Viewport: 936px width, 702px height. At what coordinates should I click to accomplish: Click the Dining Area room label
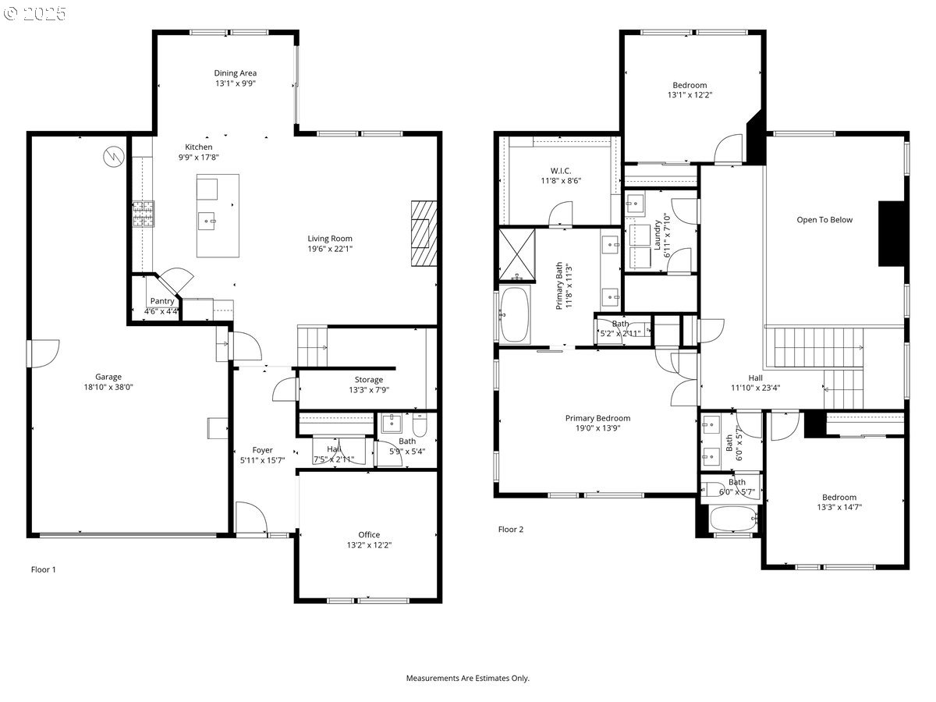click(236, 73)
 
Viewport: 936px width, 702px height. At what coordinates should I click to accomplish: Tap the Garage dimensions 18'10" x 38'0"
click(108, 387)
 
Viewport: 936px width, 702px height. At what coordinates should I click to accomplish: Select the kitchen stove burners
click(143, 214)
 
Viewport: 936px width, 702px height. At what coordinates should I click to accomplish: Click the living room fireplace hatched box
click(425, 233)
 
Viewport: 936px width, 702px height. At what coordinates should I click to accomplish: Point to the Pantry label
click(162, 301)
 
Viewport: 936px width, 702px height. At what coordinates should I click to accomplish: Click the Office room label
click(369, 535)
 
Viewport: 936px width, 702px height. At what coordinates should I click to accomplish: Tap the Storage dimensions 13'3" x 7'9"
click(369, 390)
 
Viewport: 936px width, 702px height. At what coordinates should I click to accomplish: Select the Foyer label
click(262, 450)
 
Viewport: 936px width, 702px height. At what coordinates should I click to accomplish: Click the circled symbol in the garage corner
click(113, 157)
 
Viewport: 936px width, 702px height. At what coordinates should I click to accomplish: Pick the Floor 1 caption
click(43, 569)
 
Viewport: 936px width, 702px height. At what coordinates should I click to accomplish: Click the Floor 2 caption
click(511, 530)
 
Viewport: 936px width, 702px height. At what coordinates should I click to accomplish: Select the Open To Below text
click(824, 220)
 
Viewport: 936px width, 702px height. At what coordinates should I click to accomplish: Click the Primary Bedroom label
click(597, 418)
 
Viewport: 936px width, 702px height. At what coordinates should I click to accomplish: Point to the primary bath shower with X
click(517, 254)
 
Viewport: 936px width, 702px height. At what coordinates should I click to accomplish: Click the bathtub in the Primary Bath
click(514, 315)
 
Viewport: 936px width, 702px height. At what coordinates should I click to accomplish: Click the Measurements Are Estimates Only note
click(467, 679)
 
